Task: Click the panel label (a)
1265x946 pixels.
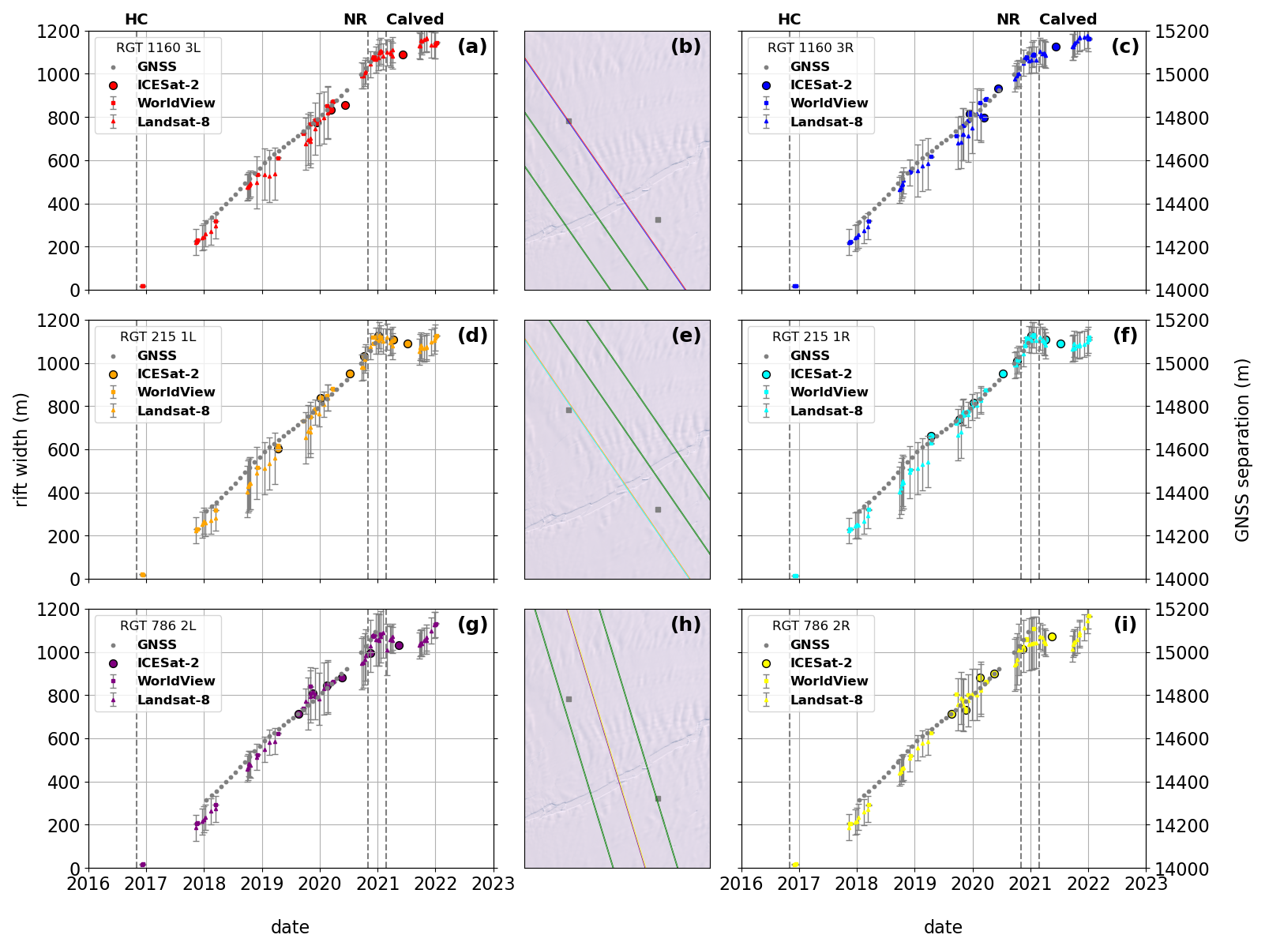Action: (x=472, y=47)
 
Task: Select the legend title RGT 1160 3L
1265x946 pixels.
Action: (x=158, y=48)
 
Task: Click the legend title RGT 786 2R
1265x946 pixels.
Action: (x=811, y=626)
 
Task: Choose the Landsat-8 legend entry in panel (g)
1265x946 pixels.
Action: (x=173, y=700)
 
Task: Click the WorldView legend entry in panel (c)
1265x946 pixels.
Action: (x=828, y=103)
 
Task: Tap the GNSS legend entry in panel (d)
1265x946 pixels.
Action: (x=156, y=356)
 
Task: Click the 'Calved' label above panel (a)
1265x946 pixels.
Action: (x=415, y=20)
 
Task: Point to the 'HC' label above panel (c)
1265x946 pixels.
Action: (x=789, y=20)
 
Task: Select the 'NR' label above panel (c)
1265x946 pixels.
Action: (x=1008, y=20)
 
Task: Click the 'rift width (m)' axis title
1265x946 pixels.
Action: (x=21, y=449)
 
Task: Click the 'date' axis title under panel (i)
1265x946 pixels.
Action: (x=943, y=927)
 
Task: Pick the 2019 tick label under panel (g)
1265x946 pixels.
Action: (x=262, y=884)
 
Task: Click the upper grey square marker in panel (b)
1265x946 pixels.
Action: (x=569, y=122)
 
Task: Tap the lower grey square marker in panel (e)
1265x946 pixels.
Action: (x=658, y=510)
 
